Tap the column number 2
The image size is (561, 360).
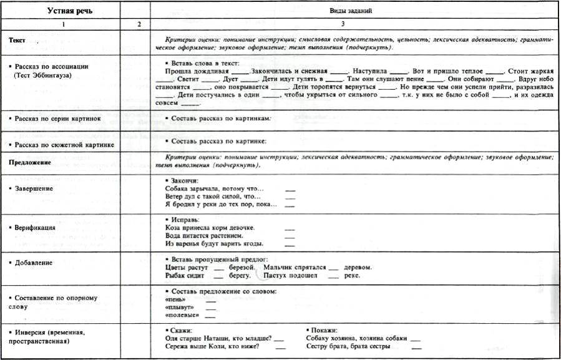[139, 24]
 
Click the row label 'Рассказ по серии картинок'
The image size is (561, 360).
[56, 118]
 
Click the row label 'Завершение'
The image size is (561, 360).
[34, 188]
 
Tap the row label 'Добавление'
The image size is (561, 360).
[35, 263]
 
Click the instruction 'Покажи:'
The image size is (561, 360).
[324, 329]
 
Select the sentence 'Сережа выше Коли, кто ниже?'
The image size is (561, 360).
[213, 346]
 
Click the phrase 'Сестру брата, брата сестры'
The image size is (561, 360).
[349, 346]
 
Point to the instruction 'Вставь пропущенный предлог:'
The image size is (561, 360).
[219, 258]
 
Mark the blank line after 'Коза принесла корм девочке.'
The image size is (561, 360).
[290, 228]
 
